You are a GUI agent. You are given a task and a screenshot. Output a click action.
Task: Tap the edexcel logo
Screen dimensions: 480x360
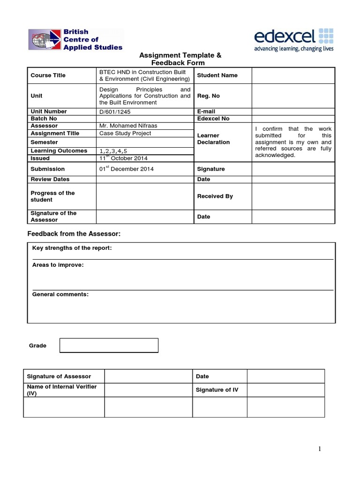(294, 39)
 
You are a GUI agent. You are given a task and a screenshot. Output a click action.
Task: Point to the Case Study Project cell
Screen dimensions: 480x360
(125, 134)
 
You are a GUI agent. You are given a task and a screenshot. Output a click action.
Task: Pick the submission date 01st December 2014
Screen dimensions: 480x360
(126, 169)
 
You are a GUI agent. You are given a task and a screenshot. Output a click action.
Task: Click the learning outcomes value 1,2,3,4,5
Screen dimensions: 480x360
(113, 151)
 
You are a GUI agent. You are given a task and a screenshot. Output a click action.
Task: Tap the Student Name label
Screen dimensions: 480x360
(217, 75)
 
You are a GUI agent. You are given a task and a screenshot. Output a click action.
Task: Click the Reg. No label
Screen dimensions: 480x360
(209, 96)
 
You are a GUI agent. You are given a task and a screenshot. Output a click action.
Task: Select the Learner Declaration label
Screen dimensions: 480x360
(214, 139)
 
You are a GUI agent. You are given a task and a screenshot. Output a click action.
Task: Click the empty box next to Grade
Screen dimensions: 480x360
(109, 345)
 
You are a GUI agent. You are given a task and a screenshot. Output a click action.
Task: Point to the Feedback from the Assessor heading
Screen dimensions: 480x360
(77, 234)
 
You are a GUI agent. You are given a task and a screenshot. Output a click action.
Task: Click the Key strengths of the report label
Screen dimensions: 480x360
(72, 248)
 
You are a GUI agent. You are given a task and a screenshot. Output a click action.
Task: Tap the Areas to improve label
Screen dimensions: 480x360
(58, 265)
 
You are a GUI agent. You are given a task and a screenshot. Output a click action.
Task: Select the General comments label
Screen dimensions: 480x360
(60, 294)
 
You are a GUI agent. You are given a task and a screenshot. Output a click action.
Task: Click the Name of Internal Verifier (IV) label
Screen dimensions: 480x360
(64, 390)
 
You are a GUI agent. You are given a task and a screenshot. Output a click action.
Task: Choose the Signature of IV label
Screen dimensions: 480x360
(217, 390)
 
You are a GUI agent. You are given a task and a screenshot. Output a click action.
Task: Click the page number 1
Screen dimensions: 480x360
(320, 449)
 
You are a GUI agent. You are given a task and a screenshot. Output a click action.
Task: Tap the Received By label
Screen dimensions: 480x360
(215, 196)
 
